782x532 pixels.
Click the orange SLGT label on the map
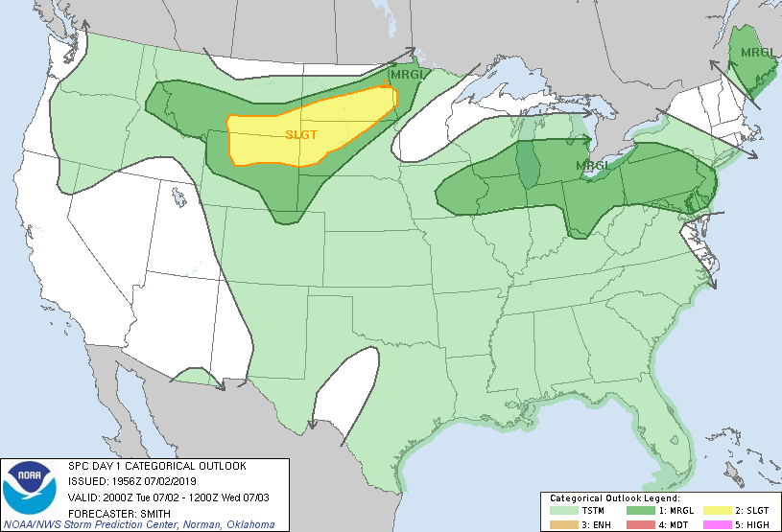coord(301,135)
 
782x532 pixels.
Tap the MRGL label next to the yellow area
coord(404,74)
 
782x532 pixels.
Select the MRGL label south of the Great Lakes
coord(593,166)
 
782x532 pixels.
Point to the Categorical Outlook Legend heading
coord(614,498)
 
